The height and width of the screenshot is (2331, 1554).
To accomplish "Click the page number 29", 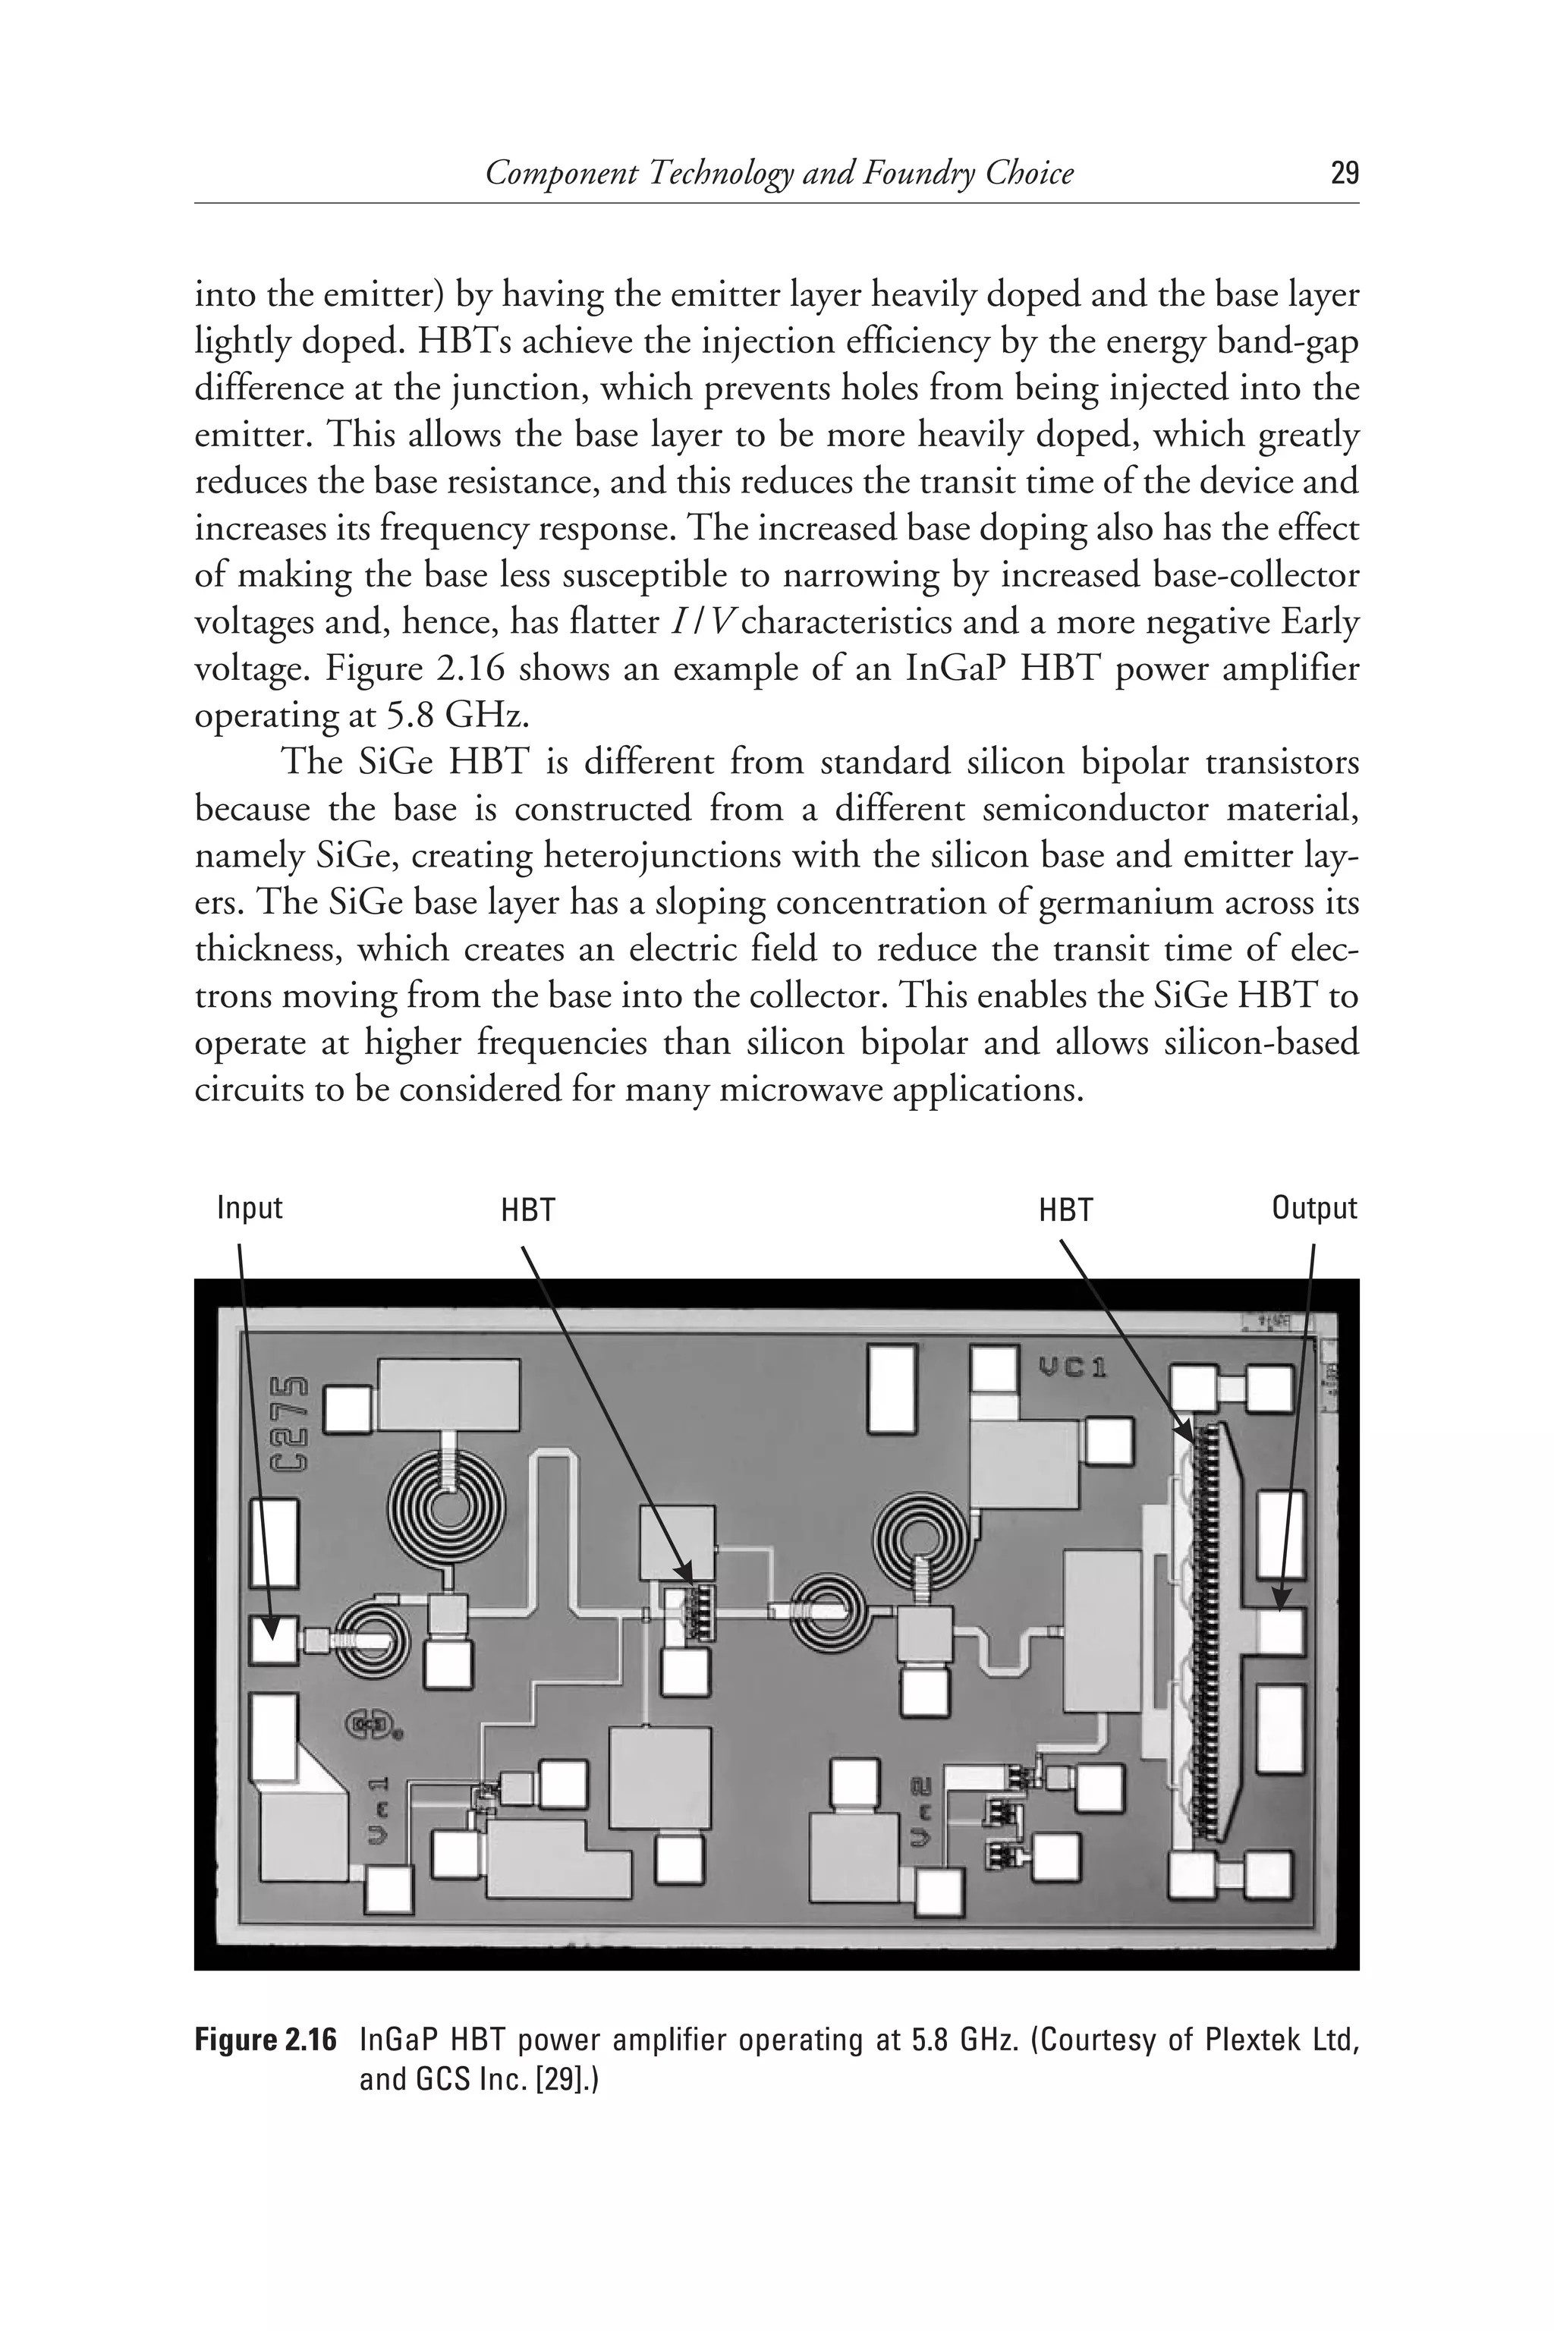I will tap(1343, 175).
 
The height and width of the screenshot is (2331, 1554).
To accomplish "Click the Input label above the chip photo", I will tap(250, 1208).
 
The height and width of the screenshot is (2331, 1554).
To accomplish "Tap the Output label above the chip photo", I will tap(1313, 1208).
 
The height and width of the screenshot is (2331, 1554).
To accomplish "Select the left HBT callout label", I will tap(527, 1210).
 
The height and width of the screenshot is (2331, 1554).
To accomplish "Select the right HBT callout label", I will tap(1065, 1210).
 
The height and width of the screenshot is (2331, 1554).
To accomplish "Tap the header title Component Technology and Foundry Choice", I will tap(779, 175).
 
